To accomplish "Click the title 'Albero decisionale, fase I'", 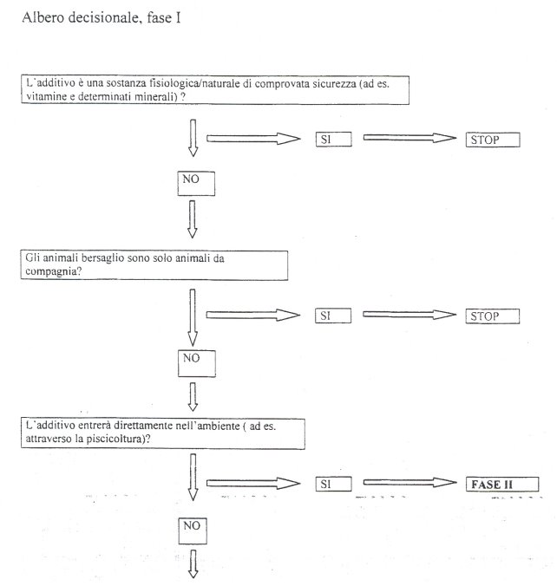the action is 102,18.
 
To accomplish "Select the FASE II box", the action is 502,485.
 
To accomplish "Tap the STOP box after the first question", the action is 493,140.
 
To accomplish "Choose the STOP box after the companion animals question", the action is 492,316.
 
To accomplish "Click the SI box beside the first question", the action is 334,140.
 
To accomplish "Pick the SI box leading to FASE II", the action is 334,484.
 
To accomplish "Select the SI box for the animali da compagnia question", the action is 333,316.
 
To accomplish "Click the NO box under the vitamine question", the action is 196,184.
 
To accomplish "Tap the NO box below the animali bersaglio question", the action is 197,363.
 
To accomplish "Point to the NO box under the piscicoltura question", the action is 193,531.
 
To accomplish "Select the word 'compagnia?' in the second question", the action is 53,271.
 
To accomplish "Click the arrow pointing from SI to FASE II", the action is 410,483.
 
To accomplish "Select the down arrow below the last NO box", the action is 193,564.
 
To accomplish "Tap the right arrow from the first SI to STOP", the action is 410,138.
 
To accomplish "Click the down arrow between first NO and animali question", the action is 193,219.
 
